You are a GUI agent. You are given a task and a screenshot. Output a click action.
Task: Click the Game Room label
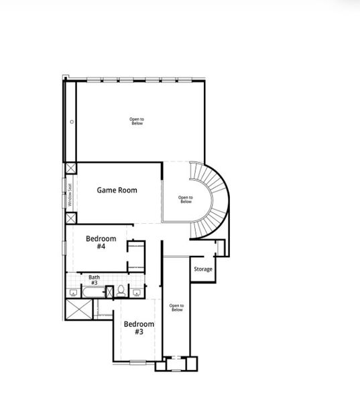[117, 190]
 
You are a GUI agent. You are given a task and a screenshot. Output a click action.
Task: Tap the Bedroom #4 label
[101, 243]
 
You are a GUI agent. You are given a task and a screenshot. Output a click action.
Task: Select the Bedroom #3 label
[139, 328]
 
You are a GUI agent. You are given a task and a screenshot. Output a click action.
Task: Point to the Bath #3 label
[94, 279]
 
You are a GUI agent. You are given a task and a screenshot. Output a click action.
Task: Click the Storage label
[202, 269]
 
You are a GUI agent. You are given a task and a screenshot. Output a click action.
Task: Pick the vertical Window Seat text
[69, 194]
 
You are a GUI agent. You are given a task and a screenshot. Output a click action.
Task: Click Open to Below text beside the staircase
[185, 199]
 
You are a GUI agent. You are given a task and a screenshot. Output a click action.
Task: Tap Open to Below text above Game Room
[137, 121]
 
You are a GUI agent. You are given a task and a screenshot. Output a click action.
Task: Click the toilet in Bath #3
[121, 291]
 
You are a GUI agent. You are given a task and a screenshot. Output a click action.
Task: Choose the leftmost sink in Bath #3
[72, 292]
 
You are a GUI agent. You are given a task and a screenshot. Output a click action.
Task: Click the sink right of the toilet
[136, 291]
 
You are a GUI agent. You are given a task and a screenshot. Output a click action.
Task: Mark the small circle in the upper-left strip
[71, 121]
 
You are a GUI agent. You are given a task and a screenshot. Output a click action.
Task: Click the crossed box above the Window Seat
[70, 168]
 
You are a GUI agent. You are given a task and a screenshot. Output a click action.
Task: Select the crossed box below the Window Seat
[70, 218]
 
